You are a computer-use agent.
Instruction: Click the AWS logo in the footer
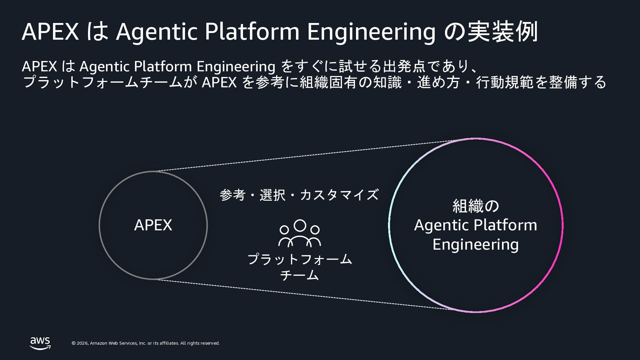coord(40,343)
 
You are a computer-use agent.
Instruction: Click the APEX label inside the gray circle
coord(153,225)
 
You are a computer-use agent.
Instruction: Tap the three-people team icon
coord(300,233)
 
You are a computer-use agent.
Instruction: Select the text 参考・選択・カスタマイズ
coord(299,195)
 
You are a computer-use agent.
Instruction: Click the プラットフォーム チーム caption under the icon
coord(300,267)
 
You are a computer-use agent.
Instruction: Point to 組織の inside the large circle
coord(476,206)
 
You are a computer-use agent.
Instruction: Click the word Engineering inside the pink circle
coord(476,245)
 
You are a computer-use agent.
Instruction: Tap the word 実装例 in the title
coord(503,32)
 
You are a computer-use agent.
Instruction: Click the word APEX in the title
coord(50,32)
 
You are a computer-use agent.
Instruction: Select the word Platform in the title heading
coord(252,32)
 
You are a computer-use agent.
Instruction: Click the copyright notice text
coord(146,343)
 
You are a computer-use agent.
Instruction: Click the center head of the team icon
coord(300,225)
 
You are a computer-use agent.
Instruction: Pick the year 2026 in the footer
coord(83,343)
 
